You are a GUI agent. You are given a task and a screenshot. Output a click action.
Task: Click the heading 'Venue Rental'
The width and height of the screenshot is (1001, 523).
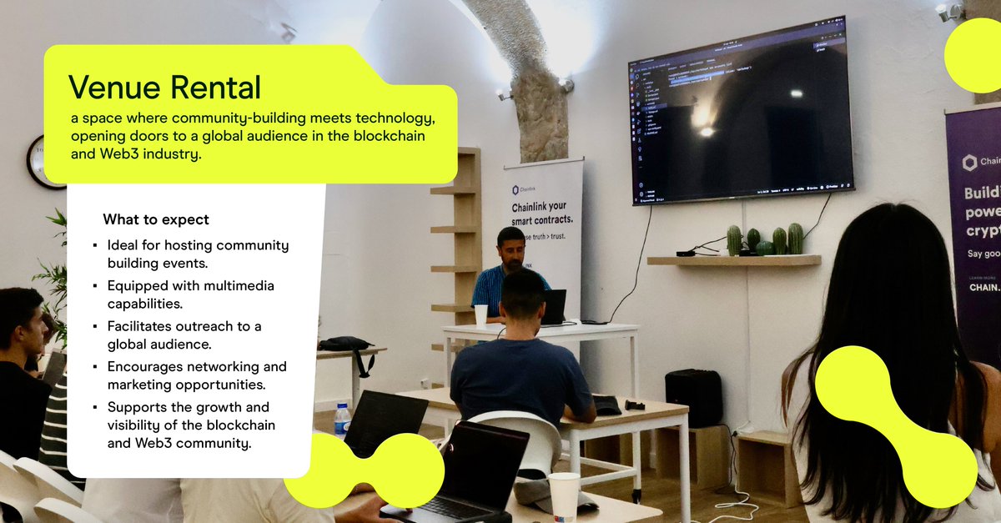[x=164, y=88]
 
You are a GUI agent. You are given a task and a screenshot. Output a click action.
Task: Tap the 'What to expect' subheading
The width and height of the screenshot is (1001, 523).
[x=155, y=220]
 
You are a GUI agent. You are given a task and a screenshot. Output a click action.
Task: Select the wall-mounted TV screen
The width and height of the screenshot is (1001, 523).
[x=740, y=111]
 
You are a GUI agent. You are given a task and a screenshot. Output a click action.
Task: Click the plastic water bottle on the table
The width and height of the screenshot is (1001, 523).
[x=342, y=420]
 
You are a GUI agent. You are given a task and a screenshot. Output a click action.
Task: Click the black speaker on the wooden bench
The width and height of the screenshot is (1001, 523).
[x=693, y=398]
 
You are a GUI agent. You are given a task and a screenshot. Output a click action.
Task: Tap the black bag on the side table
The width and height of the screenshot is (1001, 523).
[x=346, y=344]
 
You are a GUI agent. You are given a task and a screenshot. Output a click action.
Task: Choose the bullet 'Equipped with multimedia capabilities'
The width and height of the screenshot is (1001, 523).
[x=190, y=294]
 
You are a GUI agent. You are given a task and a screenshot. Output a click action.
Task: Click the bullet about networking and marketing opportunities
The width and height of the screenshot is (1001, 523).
[x=196, y=375]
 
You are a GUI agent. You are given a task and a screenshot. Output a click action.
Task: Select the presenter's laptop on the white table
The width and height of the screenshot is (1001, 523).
[x=552, y=306]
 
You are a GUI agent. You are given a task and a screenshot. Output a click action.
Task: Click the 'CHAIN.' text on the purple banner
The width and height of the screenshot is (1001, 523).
[x=983, y=287]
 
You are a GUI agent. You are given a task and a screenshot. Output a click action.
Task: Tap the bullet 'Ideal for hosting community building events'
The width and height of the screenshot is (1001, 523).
[x=198, y=254]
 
